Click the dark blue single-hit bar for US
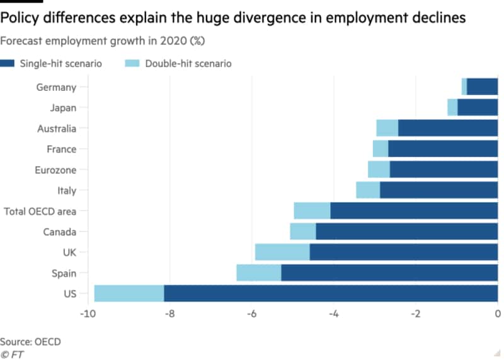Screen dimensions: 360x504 point(331,294)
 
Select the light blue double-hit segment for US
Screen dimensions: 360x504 point(129,294)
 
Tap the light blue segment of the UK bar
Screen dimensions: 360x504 point(282,252)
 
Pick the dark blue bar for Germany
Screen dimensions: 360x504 point(482,87)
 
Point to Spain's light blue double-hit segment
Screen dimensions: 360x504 point(258,273)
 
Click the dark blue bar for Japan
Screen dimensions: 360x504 point(478,108)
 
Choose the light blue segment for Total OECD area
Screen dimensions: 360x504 point(312,211)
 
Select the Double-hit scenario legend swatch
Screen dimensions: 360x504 point(133,64)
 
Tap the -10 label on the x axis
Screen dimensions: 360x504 point(86,313)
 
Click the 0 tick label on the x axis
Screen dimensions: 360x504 point(498,313)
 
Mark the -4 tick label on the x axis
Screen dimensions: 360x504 point(333,313)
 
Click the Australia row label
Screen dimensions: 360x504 point(57,129)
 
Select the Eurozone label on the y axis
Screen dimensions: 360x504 point(55,170)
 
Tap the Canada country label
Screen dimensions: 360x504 point(59,232)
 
